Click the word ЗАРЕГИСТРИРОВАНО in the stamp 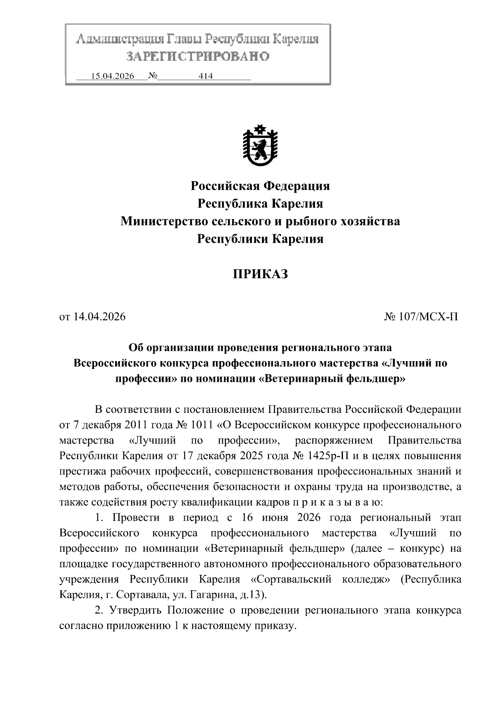tap(198, 56)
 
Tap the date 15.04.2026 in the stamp tap(113, 76)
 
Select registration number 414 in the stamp tap(206, 76)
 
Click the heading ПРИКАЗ tap(260, 274)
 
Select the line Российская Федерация tap(260, 186)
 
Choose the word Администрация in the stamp tap(120, 40)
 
